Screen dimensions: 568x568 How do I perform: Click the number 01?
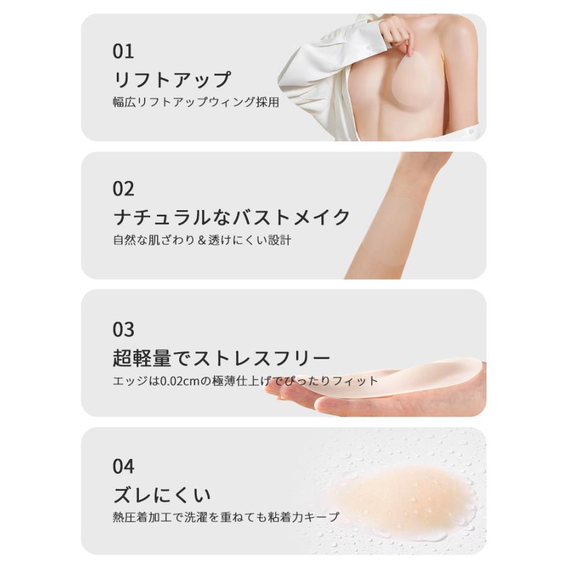click(123, 52)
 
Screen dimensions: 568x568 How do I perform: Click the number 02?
click(124, 189)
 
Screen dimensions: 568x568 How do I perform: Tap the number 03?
click(124, 329)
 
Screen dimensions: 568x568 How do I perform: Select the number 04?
click(124, 467)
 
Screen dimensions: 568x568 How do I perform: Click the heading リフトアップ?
click(172, 80)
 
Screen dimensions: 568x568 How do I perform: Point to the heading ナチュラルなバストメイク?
click(232, 217)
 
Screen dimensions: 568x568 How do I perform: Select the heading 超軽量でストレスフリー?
click(222, 358)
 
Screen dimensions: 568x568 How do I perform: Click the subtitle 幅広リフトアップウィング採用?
click(196, 102)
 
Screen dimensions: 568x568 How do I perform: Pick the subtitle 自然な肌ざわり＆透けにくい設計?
click(202, 240)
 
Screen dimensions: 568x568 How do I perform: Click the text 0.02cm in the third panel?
click(176, 381)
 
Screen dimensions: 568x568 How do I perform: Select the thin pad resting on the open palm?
click(404, 382)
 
